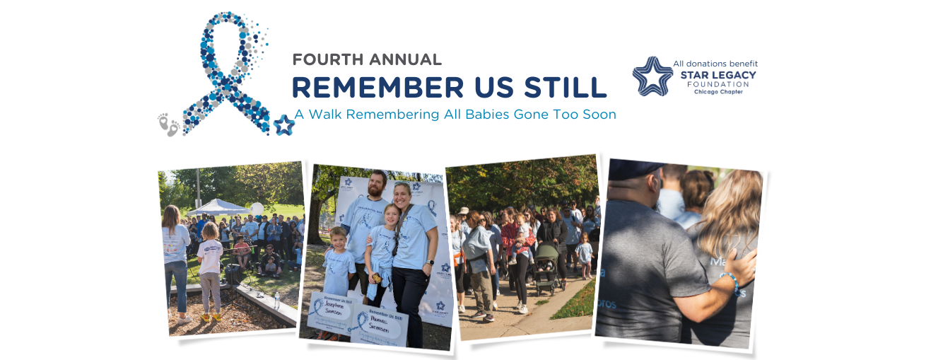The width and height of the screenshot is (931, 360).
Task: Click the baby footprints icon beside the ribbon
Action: point(168,124)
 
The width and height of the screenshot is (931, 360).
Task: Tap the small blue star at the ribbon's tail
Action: point(284,124)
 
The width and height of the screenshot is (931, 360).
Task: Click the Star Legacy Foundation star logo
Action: point(652,76)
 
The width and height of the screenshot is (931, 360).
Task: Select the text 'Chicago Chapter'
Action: point(718,92)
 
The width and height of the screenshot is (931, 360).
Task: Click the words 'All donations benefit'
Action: point(715,64)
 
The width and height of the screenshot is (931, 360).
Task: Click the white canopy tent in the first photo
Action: point(217,206)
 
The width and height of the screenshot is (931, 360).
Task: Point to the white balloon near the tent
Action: point(257,209)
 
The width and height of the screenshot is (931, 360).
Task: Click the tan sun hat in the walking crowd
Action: point(463,211)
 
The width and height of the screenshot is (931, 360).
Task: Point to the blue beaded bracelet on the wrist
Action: point(730,283)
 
